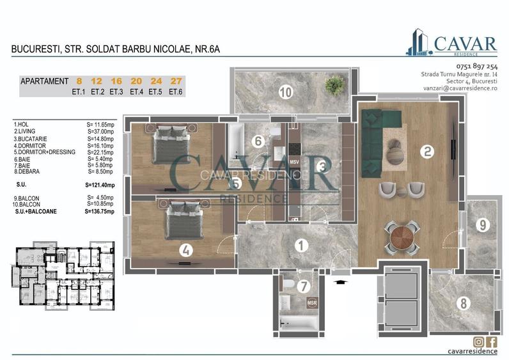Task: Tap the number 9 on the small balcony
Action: point(483,224)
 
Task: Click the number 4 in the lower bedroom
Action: point(185,251)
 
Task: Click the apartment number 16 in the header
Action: point(116,81)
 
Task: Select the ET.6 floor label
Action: point(176,91)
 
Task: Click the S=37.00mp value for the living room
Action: point(100,131)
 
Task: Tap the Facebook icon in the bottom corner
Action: point(492,341)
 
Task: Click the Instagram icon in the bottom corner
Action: point(478,341)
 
